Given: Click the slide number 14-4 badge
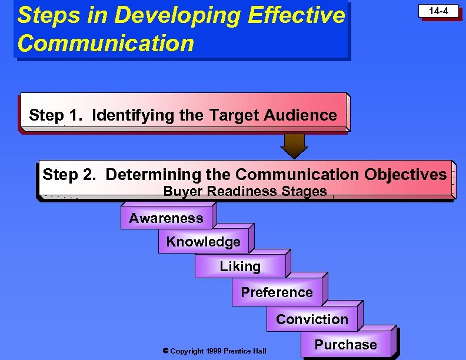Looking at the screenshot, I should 438,11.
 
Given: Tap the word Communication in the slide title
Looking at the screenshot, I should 106,43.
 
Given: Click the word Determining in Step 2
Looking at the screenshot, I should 154,175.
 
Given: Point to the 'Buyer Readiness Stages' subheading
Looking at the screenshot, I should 245,191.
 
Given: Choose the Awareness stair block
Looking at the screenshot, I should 166,218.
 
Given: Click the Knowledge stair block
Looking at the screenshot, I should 203,242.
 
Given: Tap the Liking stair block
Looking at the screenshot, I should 240,266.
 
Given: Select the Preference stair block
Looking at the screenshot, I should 277,292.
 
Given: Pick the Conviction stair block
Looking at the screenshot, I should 312,319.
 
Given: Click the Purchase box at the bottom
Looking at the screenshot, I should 346,345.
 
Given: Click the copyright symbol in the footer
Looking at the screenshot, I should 165,351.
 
